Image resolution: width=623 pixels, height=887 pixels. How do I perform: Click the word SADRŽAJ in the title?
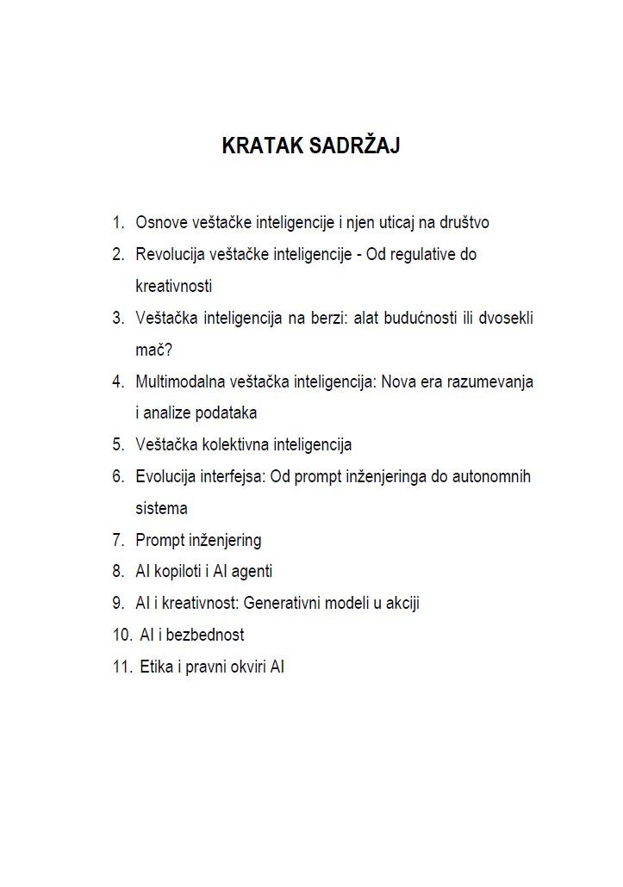pyautogui.click(x=354, y=146)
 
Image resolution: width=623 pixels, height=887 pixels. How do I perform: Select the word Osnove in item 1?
pyautogui.click(x=160, y=223)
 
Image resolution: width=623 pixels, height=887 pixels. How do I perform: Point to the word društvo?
pyautogui.click(x=464, y=223)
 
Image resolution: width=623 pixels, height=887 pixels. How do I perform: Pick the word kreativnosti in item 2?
pyautogui.click(x=173, y=287)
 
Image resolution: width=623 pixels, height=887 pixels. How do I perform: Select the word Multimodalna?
pyautogui.click(x=179, y=381)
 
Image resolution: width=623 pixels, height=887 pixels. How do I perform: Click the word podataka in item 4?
pyautogui.click(x=227, y=413)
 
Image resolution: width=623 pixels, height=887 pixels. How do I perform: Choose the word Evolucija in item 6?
pyautogui.click(x=165, y=477)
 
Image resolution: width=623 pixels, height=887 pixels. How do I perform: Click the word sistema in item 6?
pyautogui.click(x=161, y=509)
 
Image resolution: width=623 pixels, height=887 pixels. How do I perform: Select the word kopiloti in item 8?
pyautogui.click(x=176, y=572)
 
